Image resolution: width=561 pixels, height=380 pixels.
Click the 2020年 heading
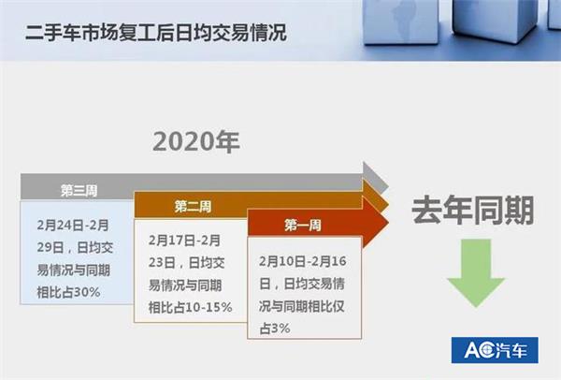196,141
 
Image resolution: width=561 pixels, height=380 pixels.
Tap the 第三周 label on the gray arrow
79,190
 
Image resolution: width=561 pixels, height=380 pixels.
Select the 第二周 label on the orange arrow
192,206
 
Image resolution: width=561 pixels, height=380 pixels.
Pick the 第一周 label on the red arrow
303,226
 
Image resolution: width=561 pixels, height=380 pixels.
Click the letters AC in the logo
477,352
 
